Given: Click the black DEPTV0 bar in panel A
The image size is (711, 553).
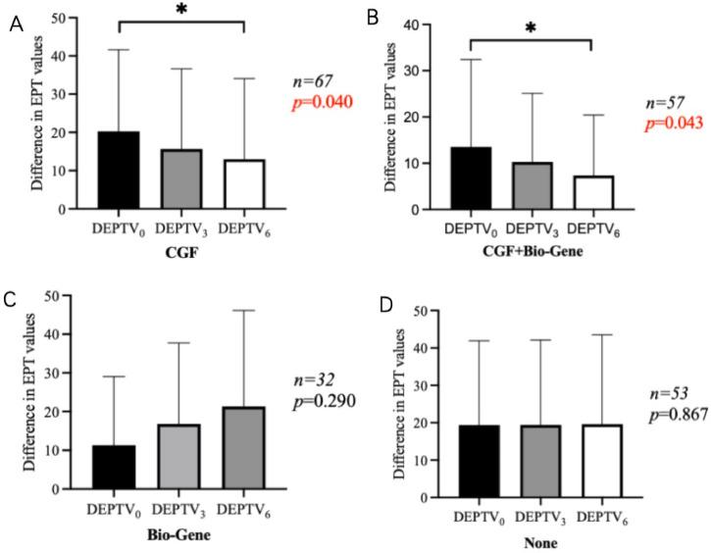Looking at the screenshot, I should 119,170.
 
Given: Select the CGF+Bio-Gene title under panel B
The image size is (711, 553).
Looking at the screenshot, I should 532,251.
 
